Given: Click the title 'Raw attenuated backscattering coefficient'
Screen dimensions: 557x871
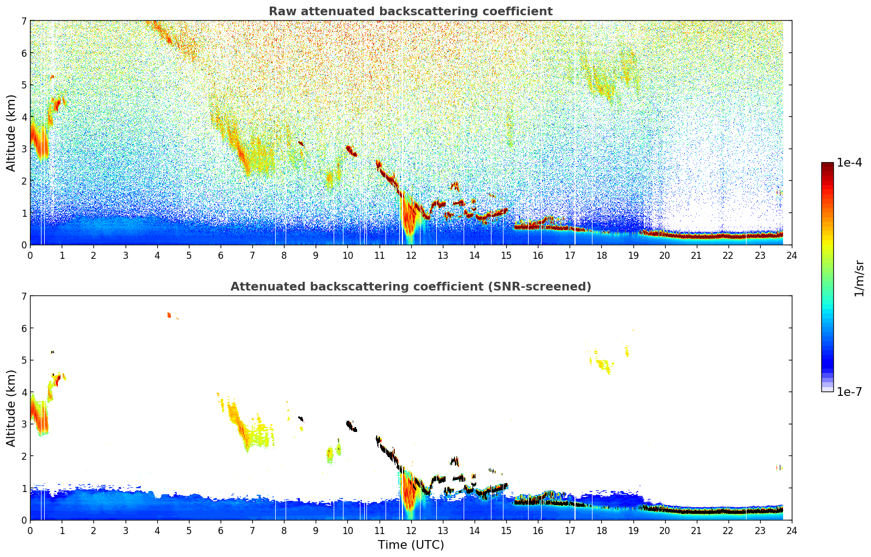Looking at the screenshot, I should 410,11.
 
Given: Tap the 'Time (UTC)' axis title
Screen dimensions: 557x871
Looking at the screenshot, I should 411,544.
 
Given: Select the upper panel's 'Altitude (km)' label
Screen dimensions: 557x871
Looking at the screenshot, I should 11,133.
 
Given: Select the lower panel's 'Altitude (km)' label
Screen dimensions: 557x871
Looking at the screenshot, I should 11,408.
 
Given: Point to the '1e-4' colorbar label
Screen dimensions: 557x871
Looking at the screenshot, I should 849,162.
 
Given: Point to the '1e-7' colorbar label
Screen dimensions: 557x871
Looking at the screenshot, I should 849,392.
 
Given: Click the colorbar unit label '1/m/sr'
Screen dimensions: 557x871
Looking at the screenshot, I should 859,278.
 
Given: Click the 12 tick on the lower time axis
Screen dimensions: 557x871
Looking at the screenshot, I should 411,531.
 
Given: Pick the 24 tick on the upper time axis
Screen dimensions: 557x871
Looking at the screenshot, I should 791,256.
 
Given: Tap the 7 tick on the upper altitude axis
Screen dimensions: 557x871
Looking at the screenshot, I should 23,21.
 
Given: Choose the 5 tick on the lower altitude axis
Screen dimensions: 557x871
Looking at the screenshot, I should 23,360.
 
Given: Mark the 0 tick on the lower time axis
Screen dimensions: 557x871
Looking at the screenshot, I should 30,531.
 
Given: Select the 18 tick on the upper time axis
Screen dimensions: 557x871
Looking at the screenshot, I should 601,256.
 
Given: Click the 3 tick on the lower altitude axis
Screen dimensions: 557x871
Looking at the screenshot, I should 23,424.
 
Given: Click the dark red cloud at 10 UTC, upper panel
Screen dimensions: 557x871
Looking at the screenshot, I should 351,151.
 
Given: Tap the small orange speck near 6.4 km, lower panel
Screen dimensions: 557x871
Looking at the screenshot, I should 169,315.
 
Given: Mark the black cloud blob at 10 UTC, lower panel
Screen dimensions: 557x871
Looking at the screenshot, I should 351,426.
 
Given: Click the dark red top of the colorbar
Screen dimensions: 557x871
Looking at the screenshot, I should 827,165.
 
